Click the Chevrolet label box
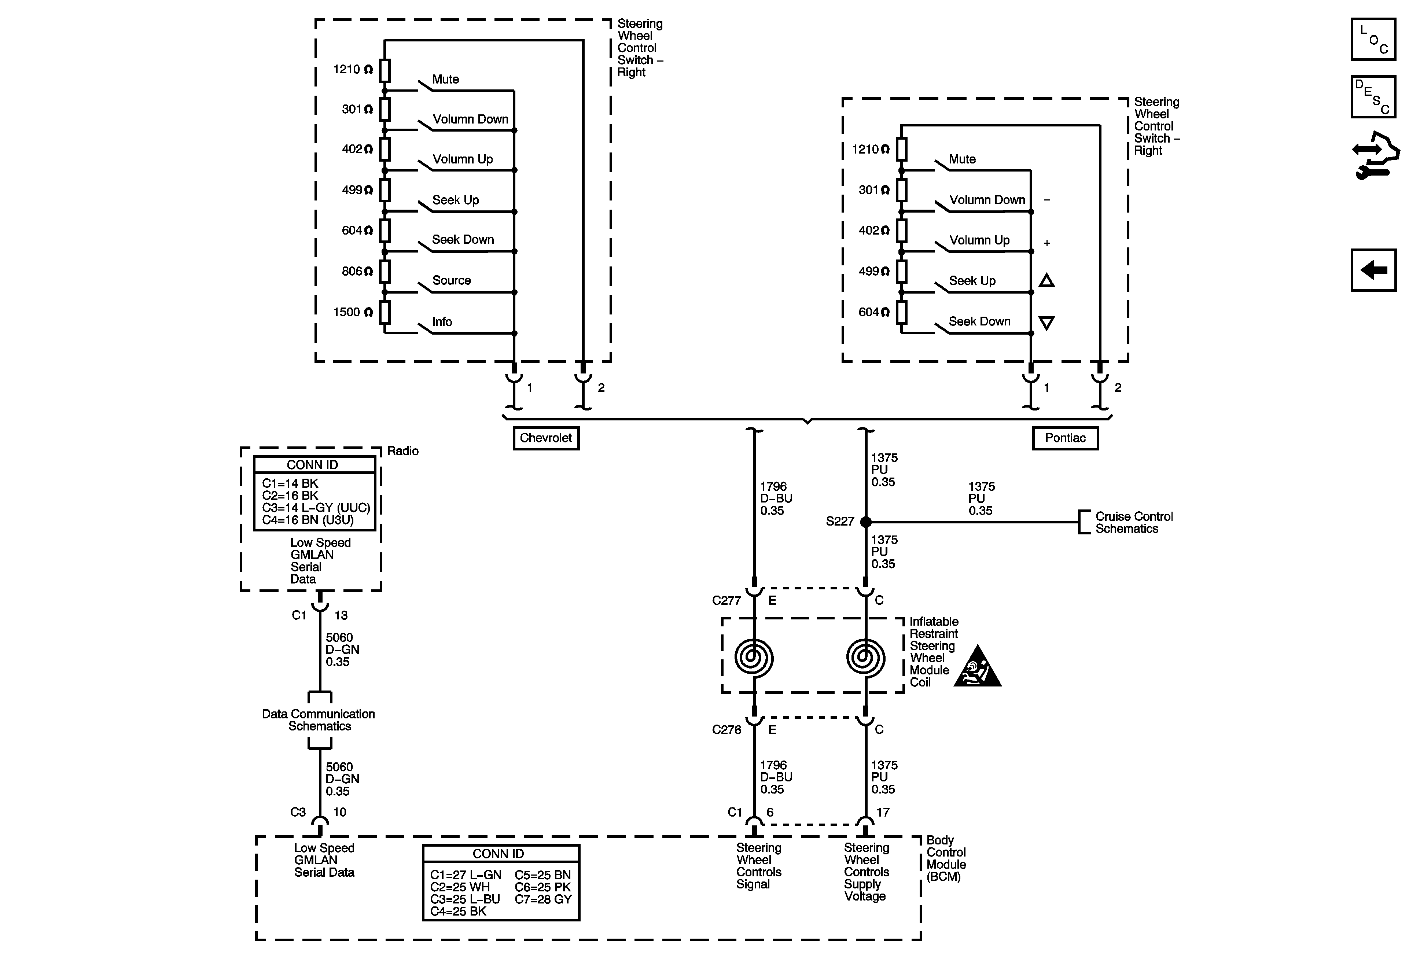click(546, 438)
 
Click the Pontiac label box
click(1065, 438)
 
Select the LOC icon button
click(1373, 40)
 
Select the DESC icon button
click(1373, 96)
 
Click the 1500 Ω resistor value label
click(353, 312)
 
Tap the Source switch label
click(452, 280)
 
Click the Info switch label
click(442, 322)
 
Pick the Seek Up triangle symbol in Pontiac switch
click(1046, 281)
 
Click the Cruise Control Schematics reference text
click(1133, 522)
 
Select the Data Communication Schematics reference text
click(318, 720)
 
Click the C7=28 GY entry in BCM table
click(542, 899)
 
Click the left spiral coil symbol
click(754, 658)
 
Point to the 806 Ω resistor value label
click(357, 271)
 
